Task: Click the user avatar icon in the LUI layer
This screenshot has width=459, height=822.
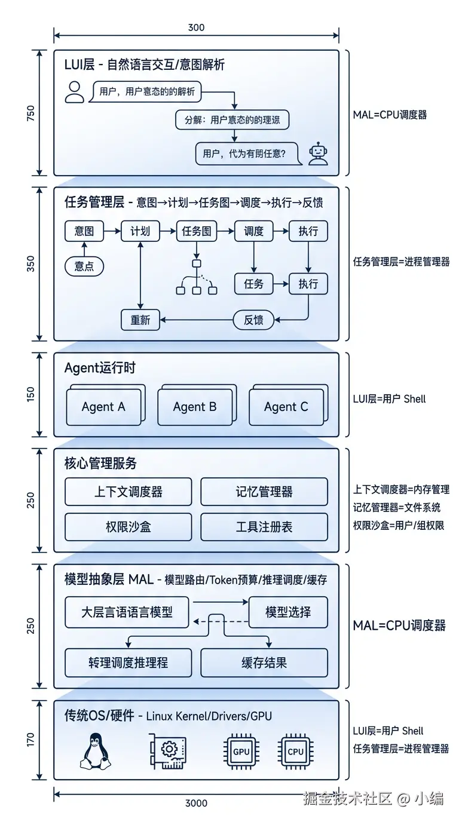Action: (75, 92)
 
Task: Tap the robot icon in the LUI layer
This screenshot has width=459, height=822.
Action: (318, 154)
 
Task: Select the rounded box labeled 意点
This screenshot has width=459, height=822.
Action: (84, 266)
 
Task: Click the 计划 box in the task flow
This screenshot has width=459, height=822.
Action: (140, 231)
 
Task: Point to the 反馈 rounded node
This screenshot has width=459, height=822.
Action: (253, 320)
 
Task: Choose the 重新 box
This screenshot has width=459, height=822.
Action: (140, 320)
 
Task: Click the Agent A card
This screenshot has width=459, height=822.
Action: (104, 407)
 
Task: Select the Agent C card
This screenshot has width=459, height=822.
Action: (286, 407)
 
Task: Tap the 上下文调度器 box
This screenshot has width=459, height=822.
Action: (128, 492)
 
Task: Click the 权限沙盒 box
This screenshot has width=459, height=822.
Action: (128, 527)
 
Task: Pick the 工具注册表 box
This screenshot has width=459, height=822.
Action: (264, 527)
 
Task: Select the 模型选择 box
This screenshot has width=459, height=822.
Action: (288, 612)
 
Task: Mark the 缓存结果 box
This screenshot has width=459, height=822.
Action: (264, 662)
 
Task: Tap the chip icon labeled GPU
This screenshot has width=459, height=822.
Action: (241, 752)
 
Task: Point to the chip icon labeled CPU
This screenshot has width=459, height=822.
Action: (295, 752)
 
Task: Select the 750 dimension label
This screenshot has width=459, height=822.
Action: (31, 114)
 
